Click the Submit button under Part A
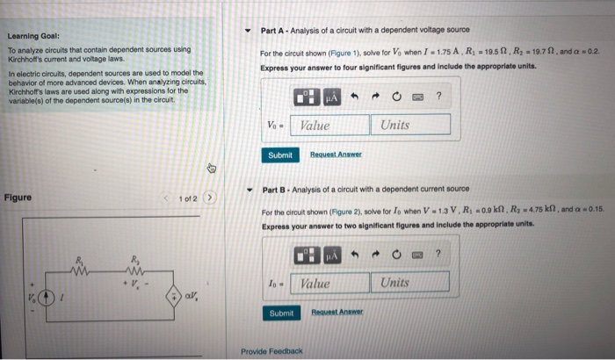[280, 155]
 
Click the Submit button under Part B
[280, 313]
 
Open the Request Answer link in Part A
[335, 155]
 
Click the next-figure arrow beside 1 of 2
[210, 198]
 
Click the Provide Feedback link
[272, 351]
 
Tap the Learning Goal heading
[33, 36]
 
